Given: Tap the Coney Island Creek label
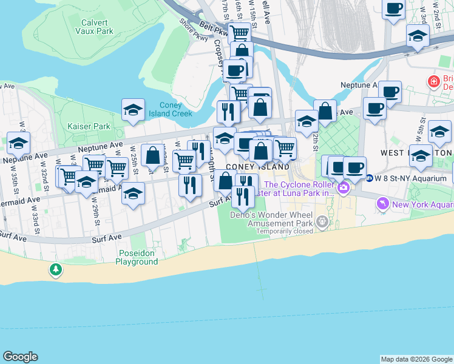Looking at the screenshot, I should point(175,109).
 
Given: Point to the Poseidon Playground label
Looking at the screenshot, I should point(137,257).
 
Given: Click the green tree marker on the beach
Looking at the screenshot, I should point(56,269).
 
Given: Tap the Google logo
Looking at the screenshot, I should point(20,357).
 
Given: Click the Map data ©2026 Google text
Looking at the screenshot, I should point(416,359).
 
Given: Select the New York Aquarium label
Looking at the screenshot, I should point(422,204).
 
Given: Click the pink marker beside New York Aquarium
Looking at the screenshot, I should point(382,204).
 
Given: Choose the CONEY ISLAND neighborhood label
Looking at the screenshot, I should point(257,167).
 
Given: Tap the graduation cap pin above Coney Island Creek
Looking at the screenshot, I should point(133,110).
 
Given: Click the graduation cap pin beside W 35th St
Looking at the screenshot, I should point(19,144).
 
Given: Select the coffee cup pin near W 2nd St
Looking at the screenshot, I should point(393,8).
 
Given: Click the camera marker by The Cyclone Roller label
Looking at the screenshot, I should point(344,188).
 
